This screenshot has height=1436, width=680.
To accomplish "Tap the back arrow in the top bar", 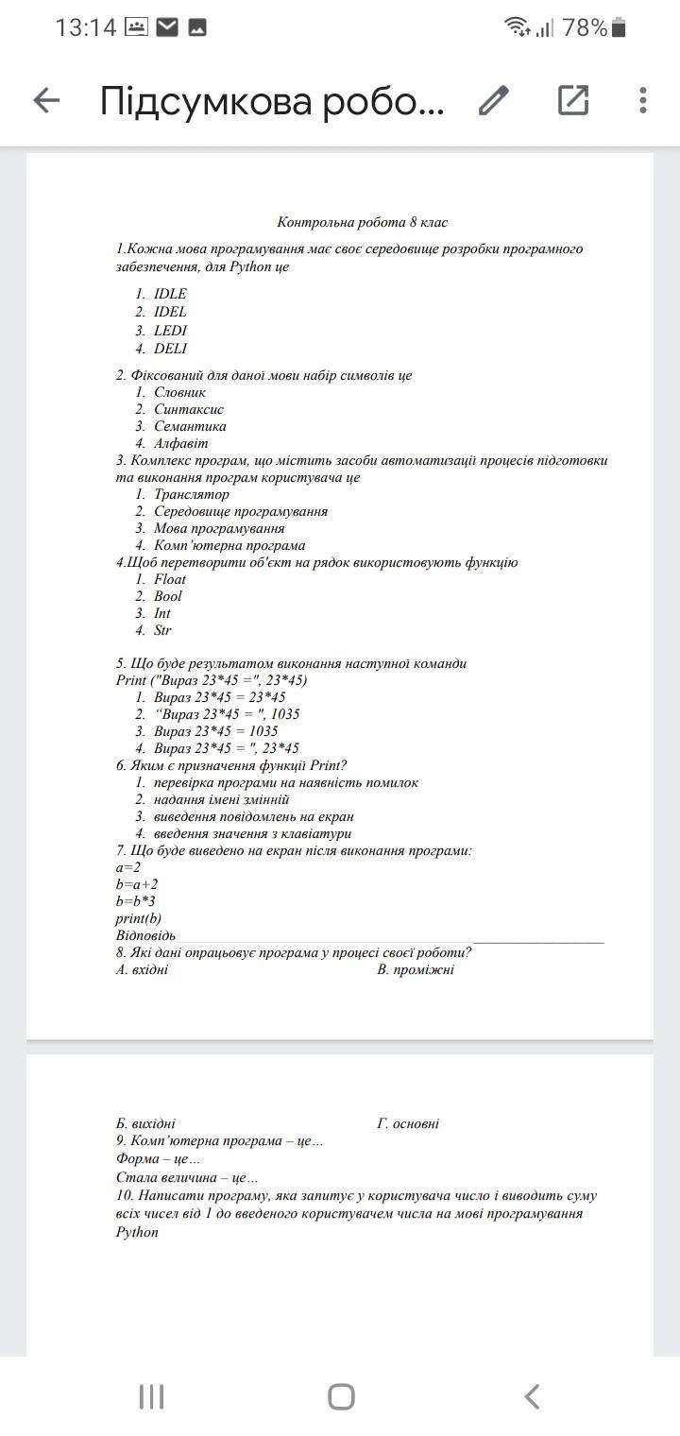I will (46, 100).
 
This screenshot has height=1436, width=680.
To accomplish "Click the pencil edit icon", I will (493, 100).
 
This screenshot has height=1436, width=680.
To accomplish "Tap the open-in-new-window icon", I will (573, 100).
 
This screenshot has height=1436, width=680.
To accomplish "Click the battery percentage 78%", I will (585, 28).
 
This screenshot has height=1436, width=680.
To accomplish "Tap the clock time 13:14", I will (85, 28).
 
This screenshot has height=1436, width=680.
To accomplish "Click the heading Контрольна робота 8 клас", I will (362, 223).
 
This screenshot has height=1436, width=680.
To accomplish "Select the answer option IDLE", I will (170, 294).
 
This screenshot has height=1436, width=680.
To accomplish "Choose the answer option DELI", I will (170, 349).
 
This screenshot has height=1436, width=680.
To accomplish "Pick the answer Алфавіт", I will (180, 443).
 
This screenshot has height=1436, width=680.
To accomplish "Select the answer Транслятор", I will (191, 494).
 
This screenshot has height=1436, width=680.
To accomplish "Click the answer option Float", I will (170, 579).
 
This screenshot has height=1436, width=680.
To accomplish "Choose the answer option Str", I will (162, 630).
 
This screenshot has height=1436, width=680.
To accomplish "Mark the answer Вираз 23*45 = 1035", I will (215, 731).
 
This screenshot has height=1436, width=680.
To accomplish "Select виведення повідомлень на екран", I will (253, 816).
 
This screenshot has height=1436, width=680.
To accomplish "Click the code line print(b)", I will (138, 918).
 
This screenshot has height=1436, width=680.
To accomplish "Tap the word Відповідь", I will (145, 935).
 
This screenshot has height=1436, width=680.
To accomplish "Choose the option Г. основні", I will (407, 1124).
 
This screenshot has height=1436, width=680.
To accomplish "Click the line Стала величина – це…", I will (187, 1178).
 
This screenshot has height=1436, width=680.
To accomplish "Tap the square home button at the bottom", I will (341, 1396).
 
